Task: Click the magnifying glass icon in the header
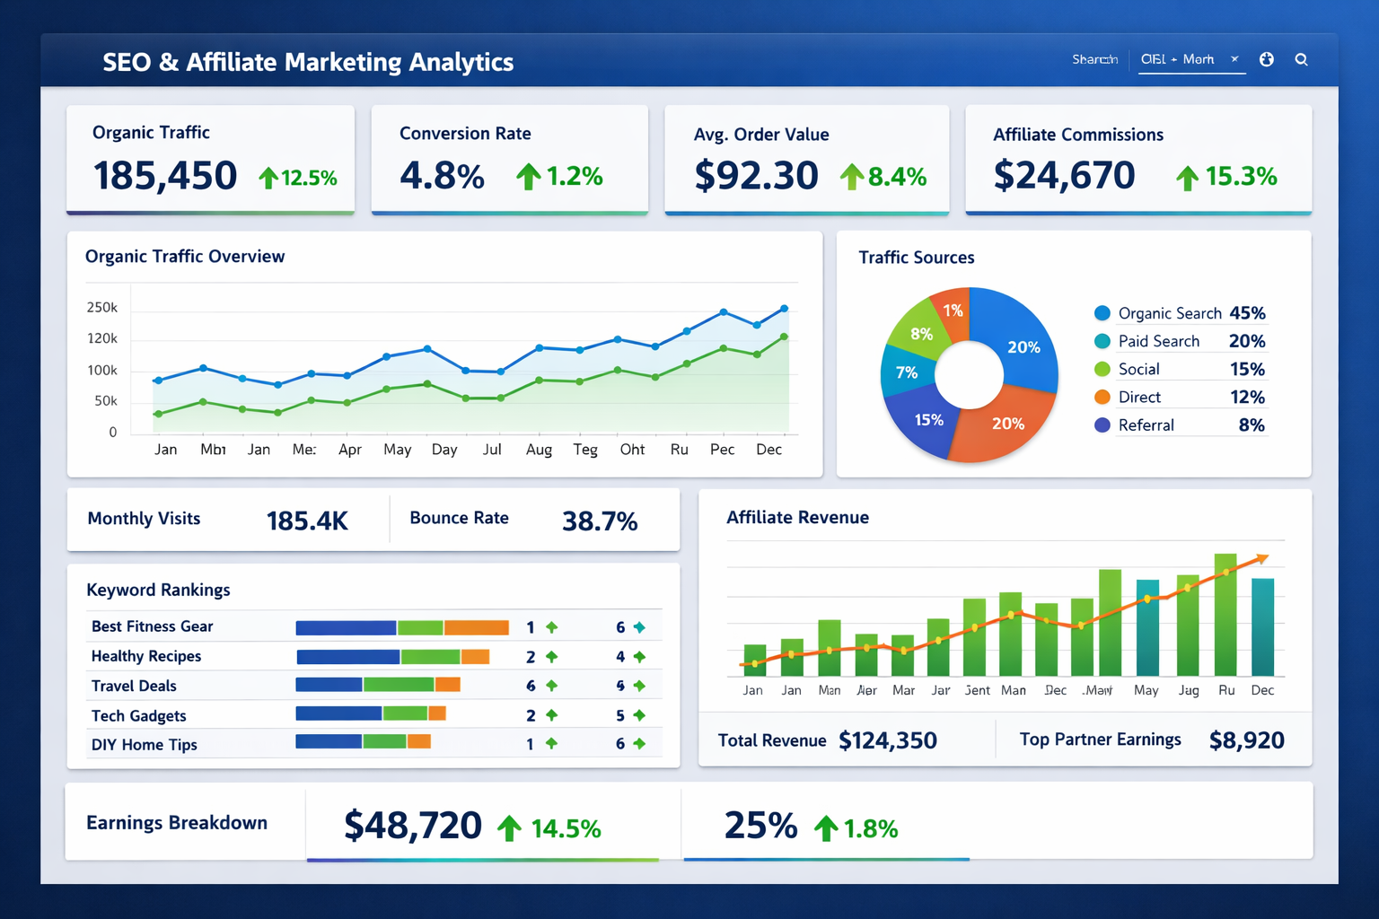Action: [1301, 60]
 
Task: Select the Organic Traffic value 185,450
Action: [165, 175]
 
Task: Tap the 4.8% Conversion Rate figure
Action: [442, 175]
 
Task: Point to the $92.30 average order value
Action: [756, 175]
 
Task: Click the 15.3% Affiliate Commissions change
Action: [1240, 176]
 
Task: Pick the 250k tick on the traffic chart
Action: [102, 308]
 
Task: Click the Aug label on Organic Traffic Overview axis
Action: [539, 450]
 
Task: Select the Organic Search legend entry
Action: [1169, 313]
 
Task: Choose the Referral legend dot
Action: [1102, 425]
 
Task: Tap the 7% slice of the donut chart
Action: [907, 372]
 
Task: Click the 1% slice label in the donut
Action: [953, 311]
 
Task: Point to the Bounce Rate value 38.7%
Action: [600, 521]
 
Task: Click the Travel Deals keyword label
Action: [134, 686]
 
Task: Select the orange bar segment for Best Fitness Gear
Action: [477, 627]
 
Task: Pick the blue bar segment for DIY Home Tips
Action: [329, 741]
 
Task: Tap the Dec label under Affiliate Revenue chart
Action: [1262, 690]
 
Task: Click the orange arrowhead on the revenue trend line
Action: [1262, 558]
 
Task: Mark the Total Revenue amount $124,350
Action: [888, 740]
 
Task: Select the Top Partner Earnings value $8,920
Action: [1246, 740]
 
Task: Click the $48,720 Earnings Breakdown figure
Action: [413, 826]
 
